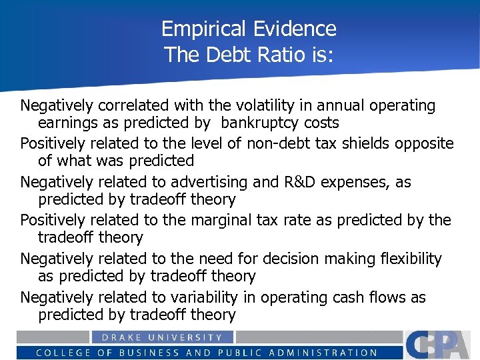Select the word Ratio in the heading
pos(268,54)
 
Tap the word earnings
pos(66,123)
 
